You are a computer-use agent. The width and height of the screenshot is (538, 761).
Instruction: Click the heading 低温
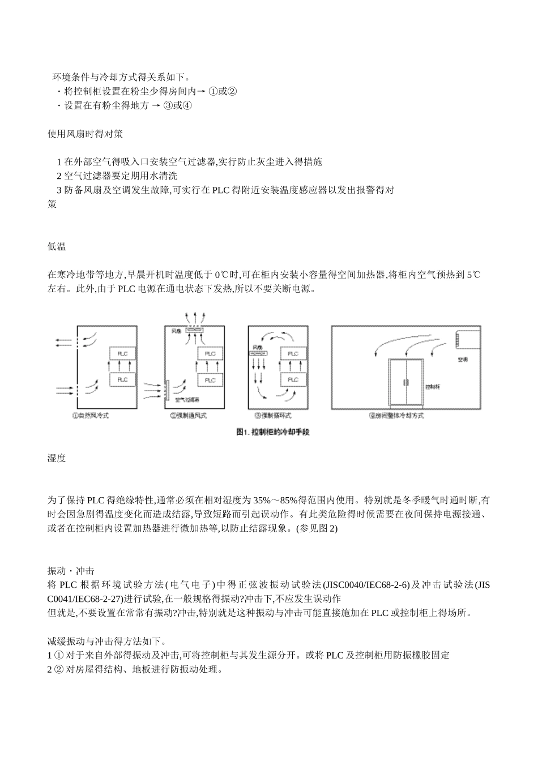(x=57, y=247)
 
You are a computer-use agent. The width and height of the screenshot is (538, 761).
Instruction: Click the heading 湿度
(x=57, y=458)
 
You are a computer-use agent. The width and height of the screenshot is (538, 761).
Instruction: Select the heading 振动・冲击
(x=71, y=571)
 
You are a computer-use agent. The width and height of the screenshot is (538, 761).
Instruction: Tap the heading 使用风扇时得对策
(x=85, y=134)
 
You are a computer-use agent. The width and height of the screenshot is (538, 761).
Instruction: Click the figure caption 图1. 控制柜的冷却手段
(x=272, y=432)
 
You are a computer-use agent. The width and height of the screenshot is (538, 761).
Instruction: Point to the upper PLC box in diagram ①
(x=122, y=354)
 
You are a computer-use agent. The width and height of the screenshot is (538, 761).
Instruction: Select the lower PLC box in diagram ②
(x=210, y=380)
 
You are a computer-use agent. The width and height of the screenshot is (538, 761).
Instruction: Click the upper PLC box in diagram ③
(x=293, y=354)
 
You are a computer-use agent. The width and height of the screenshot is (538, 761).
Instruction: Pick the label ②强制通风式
(x=188, y=416)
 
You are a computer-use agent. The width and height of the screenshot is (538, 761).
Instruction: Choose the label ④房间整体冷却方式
(x=396, y=416)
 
